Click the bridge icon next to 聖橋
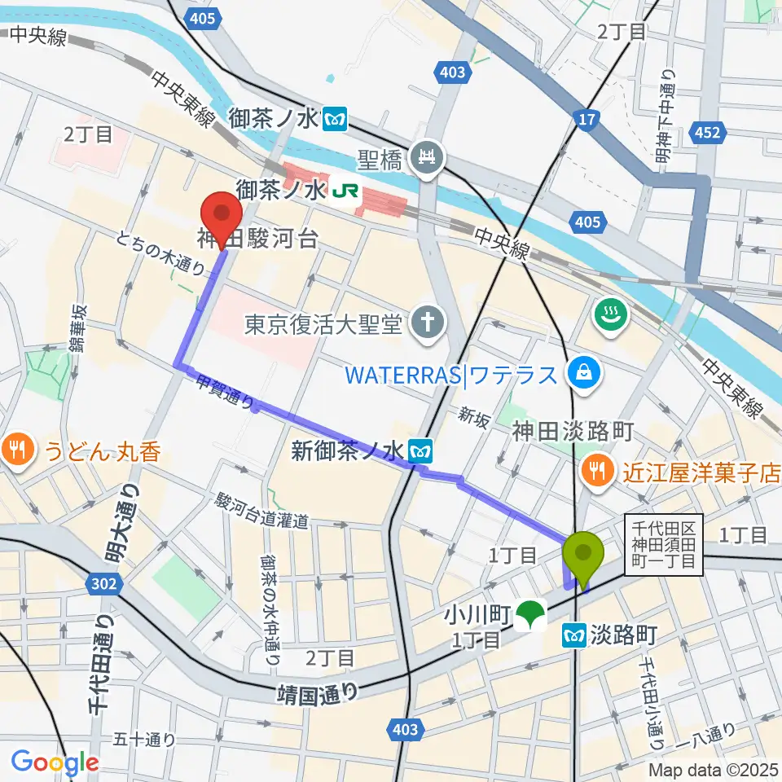click(x=426, y=154)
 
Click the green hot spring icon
click(x=610, y=314)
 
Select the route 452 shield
click(x=707, y=131)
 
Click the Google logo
click(x=55, y=762)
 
